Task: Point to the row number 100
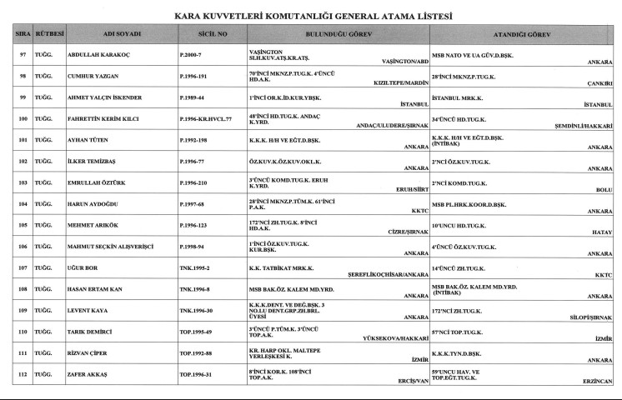pos(23,118)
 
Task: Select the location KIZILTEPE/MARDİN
pos(396,83)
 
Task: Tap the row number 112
pos(23,374)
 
